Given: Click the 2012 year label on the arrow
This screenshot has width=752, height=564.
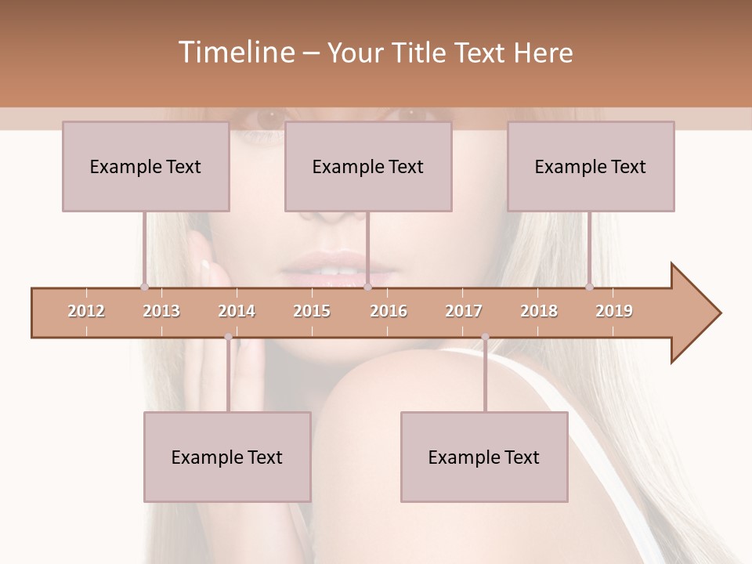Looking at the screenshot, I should (x=86, y=311).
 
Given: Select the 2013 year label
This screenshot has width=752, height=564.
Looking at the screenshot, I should (x=161, y=311).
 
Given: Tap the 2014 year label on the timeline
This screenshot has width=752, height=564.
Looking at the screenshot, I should (x=237, y=311).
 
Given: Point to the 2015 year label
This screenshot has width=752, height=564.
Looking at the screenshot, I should (x=312, y=311).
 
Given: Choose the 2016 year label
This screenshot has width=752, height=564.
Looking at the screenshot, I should (x=389, y=311).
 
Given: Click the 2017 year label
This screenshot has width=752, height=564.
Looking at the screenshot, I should (x=464, y=311).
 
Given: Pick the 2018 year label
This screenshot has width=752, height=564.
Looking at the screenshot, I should (x=539, y=311).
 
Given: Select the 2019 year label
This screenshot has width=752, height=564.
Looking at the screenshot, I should (x=614, y=311).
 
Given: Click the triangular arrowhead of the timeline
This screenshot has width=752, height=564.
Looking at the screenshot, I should (x=693, y=313).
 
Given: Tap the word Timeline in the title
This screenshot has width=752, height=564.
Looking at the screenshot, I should (x=235, y=52).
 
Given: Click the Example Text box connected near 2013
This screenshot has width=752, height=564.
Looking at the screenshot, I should (x=146, y=166).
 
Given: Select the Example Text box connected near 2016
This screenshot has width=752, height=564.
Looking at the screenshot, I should (x=368, y=166).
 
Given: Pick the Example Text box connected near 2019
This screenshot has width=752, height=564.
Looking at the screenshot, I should (x=591, y=166).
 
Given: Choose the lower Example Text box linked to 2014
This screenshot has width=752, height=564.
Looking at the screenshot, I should (x=227, y=457).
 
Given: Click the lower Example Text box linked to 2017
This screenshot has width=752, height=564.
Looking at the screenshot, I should (x=484, y=457).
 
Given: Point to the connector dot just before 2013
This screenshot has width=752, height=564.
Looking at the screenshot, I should (x=144, y=287).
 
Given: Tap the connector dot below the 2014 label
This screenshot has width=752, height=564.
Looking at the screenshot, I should (x=228, y=337).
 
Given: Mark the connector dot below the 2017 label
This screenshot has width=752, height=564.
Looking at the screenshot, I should (x=485, y=337).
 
